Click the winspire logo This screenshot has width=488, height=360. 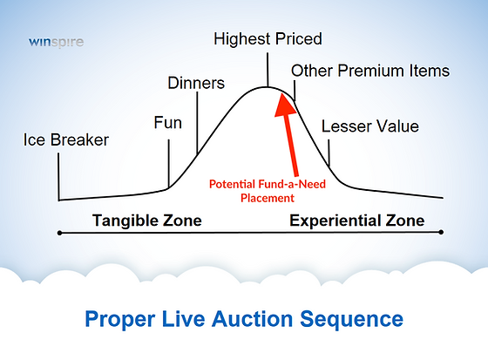54,41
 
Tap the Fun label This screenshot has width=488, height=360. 167,122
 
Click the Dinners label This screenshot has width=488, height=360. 195,84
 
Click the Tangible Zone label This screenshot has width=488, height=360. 146,221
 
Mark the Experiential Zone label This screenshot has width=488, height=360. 356,221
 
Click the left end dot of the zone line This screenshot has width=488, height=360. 60,233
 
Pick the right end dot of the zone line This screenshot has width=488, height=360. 442,233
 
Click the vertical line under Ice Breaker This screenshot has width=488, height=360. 59,174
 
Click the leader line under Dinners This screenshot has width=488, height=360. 198,122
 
